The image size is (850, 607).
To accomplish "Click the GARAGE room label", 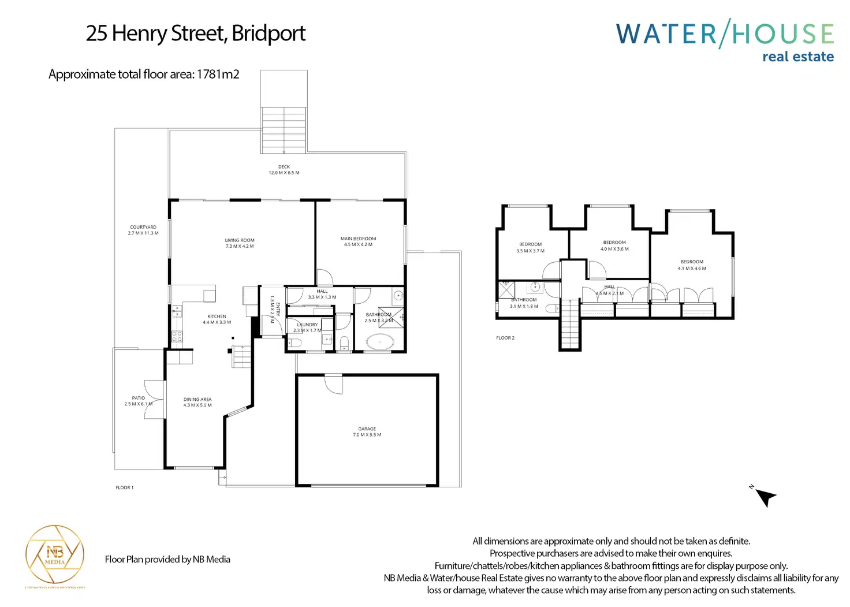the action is point(367,429).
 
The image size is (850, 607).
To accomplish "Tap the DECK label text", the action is point(284,167).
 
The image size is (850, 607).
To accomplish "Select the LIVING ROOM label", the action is point(240,240).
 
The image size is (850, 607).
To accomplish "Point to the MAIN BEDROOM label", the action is point(358,239).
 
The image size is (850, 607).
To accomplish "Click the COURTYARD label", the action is point(143,227).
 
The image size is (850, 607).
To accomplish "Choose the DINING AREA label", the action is point(197,399).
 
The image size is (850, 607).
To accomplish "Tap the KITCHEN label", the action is point(217,316).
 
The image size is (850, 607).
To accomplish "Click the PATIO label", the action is point(139,398).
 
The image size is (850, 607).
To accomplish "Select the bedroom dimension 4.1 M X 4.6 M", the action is point(692,269).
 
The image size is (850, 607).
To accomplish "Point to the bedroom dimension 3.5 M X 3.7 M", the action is point(530,251).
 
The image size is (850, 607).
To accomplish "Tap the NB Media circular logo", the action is point(55,554).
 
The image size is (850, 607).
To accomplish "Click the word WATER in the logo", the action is point(666,34).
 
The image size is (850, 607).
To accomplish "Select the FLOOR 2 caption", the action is point(505,338).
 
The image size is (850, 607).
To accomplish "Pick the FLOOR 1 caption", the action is point(125,488).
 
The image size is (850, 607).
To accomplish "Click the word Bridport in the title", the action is point(269,33).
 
